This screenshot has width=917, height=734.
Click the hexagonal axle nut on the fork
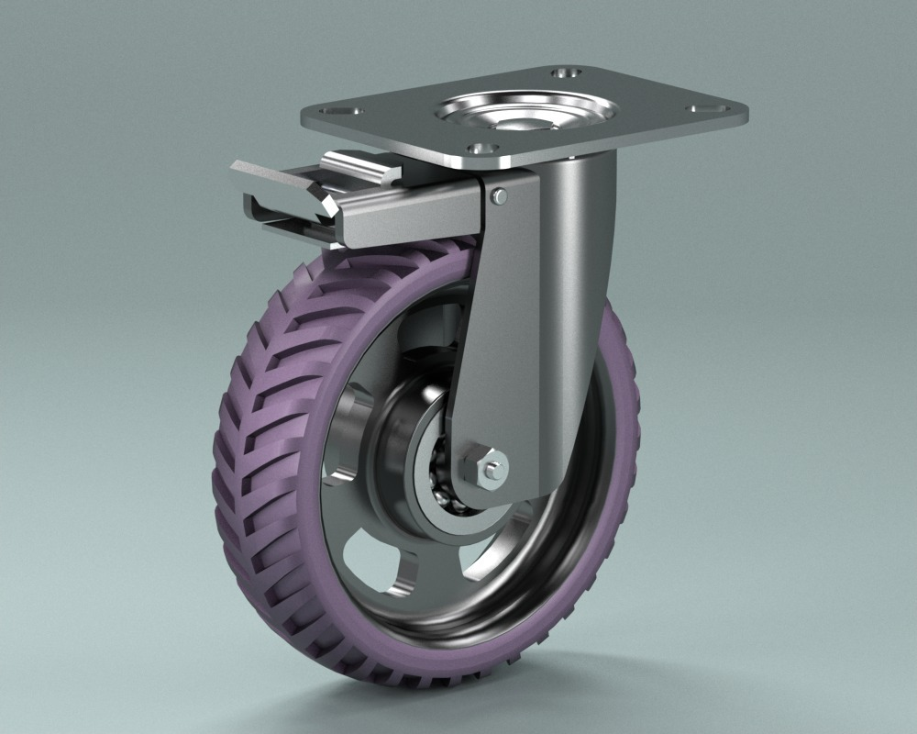[484, 466]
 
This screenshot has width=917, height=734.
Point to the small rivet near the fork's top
[497, 195]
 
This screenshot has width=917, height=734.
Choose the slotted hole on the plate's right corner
[707, 108]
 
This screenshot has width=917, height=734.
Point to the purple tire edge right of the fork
[624, 413]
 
